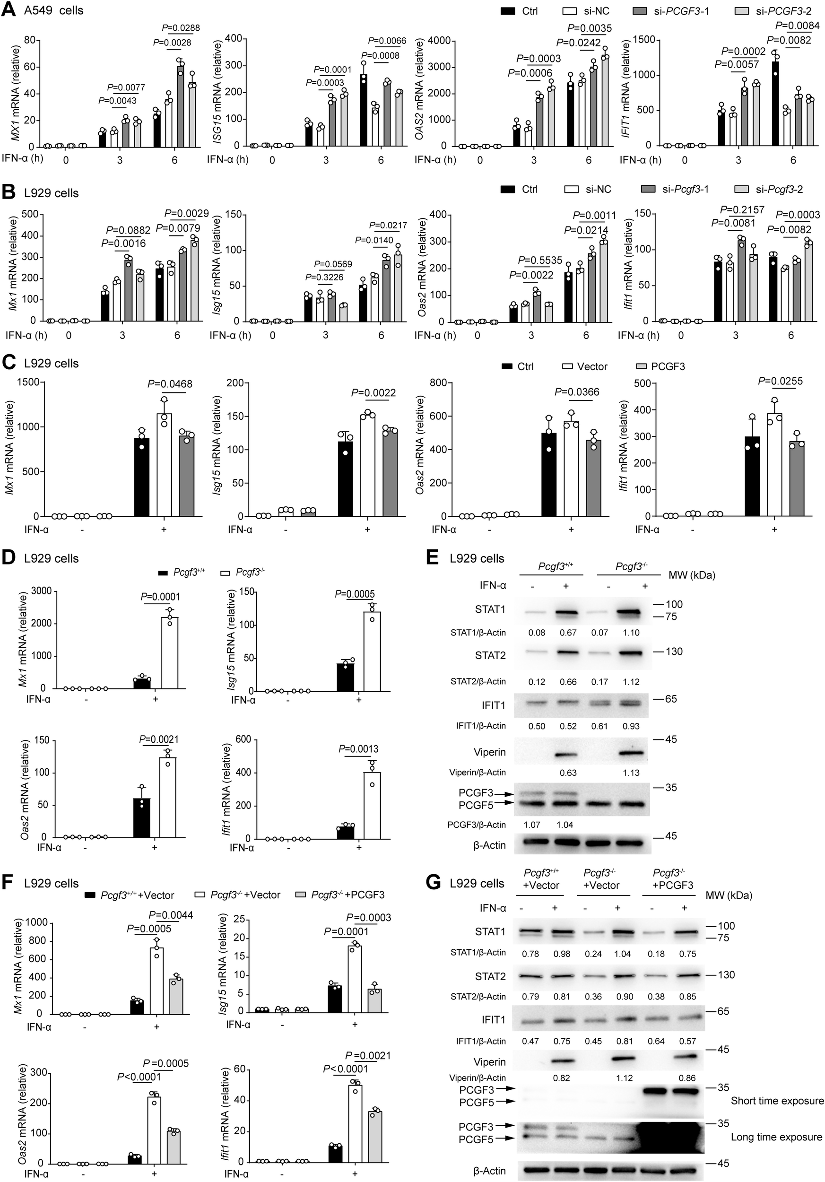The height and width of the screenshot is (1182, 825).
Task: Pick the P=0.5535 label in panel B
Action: tap(540, 260)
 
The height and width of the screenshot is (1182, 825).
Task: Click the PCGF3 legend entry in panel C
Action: tap(668, 366)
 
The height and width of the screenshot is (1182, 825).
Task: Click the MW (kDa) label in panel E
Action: tap(692, 575)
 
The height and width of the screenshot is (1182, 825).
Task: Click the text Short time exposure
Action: tap(777, 1101)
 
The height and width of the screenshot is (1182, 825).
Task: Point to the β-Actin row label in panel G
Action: tap(489, 1170)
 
